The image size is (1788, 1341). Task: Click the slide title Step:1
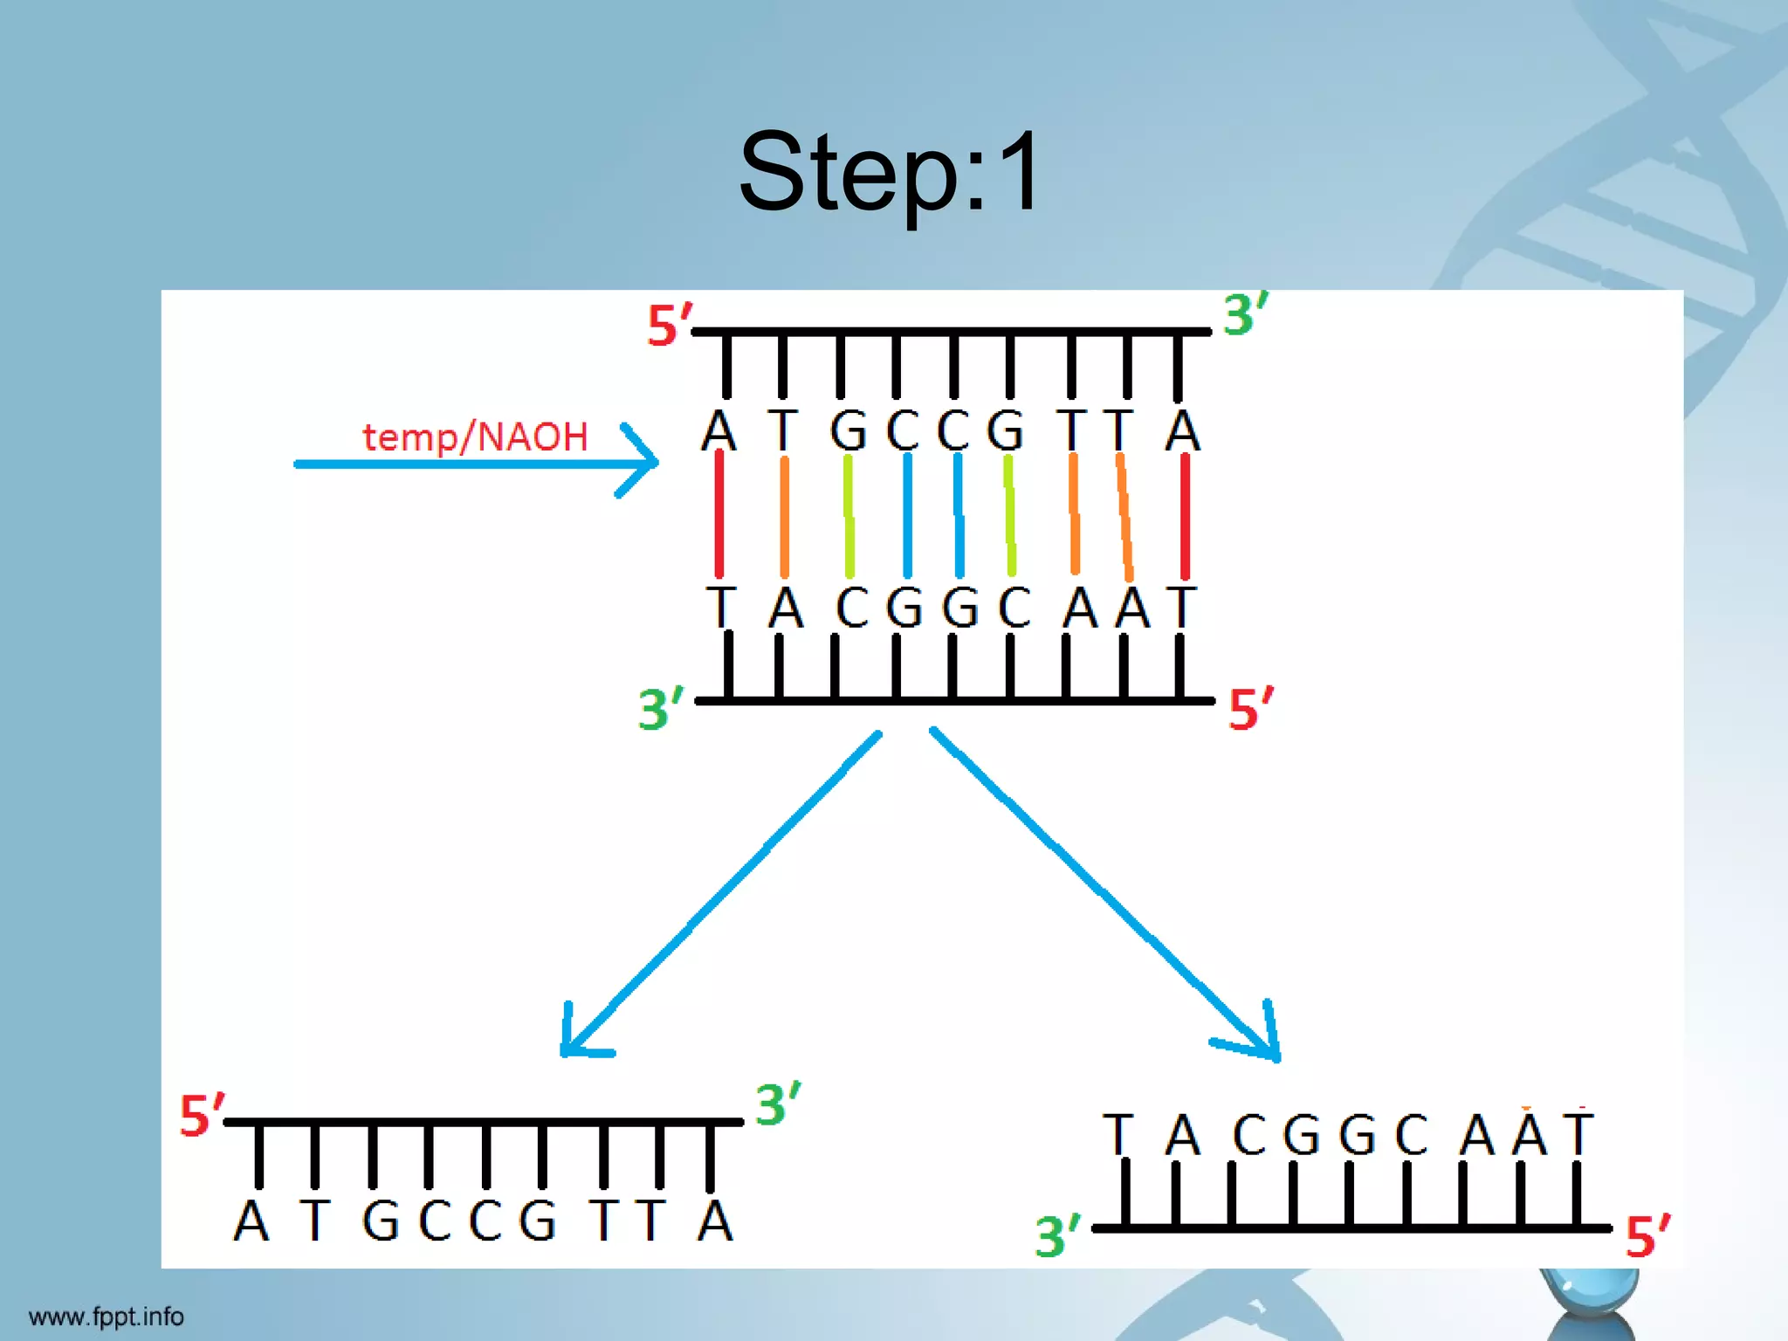tap(890, 172)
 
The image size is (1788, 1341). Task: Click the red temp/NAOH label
tap(476, 437)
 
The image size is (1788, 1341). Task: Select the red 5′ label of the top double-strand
tap(669, 326)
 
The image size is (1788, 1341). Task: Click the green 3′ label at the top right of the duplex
tap(1244, 314)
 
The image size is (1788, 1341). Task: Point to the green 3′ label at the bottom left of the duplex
tap(660, 708)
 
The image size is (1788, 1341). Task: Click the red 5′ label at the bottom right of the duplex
tap(1249, 708)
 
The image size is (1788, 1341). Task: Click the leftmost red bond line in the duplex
tap(719, 515)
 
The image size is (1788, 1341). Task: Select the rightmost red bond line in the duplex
tap(1185, 515)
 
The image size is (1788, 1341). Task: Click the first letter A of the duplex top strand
tap(719, 430)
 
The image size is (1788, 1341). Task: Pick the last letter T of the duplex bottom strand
tap(1181, 607)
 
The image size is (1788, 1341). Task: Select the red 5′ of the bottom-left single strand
tap(201, 1115)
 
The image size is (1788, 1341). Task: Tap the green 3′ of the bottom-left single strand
tap(777, 1104)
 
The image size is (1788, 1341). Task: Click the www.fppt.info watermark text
tap(107, 1316)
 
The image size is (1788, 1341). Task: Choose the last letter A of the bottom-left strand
tap(714, 1221)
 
